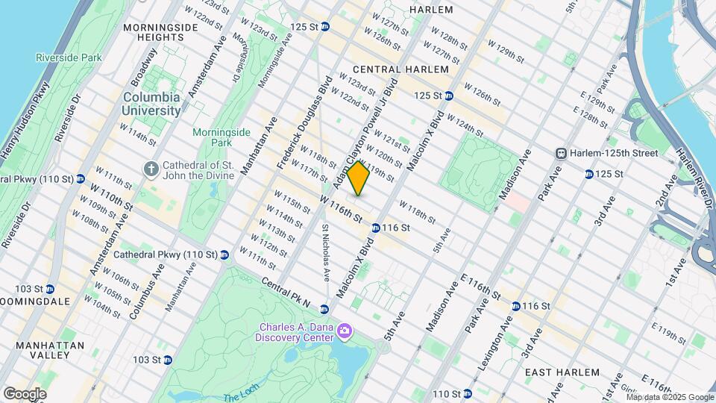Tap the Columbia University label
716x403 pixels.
[x=151, y=104]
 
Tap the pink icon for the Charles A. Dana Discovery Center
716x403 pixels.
[x=344, y=330]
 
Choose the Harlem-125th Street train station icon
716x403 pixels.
[x=562, y=153]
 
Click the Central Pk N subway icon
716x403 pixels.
[x=324, y=309]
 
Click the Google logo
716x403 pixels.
[x=25, y=393]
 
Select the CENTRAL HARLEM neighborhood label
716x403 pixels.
[x=404, y=69]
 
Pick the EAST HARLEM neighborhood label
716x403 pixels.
[x=562, y=372]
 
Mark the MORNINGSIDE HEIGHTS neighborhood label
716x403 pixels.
[x=160, y=34]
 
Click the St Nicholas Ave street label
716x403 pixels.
[x=326, y=252]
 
